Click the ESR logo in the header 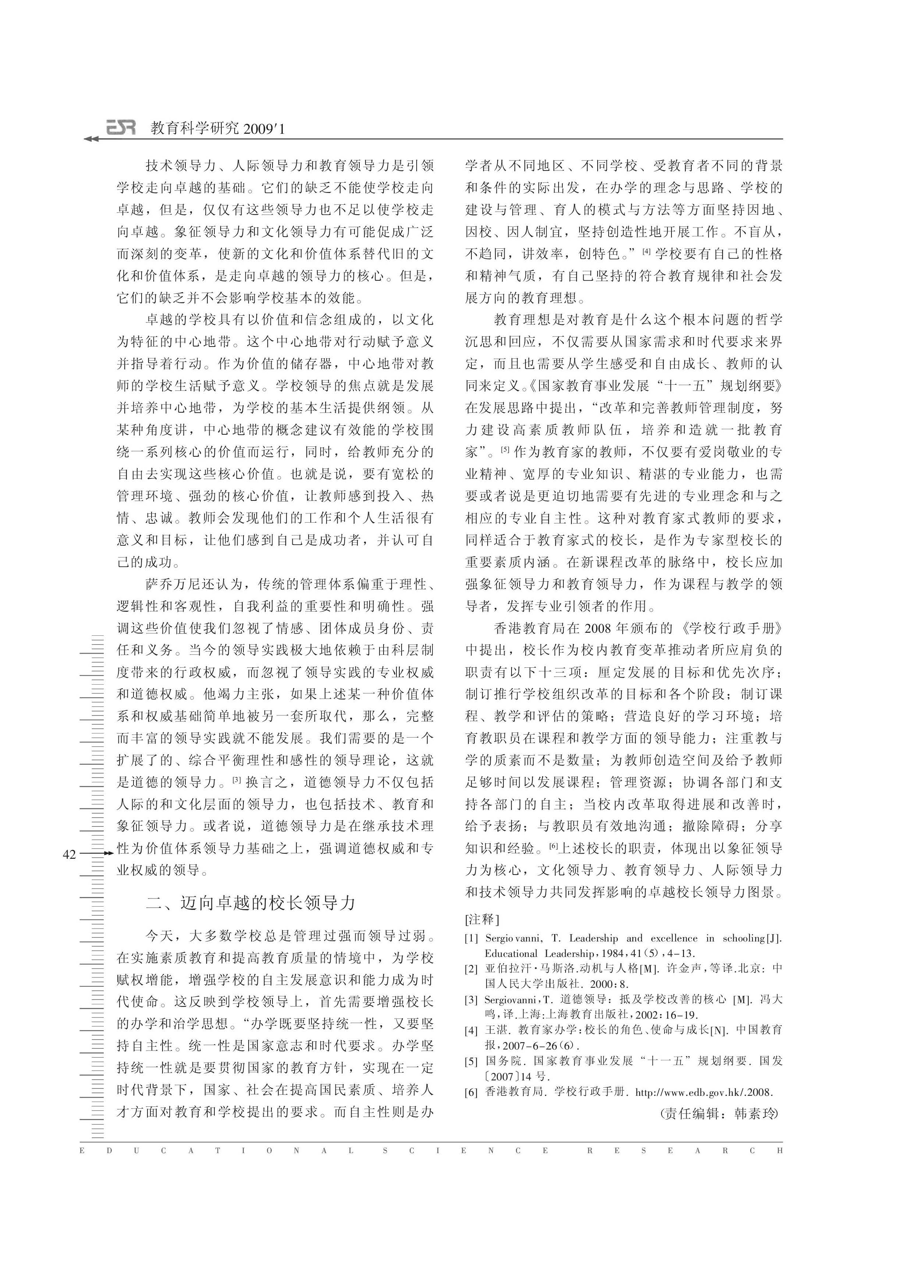[x=121, y=129]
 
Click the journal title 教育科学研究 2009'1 [x=218, y=129]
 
